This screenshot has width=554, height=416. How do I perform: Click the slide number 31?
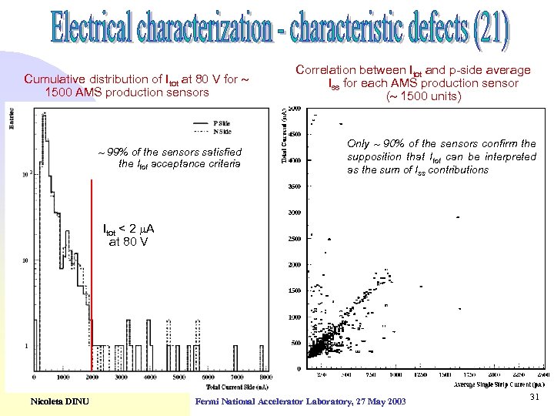click(x=536, y=397)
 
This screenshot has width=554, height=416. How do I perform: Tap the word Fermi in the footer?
click(x=210, y=402)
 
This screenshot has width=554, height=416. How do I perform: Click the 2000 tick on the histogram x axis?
click(x=92, y=377)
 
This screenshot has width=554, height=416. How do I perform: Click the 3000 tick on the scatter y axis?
click(x=294, y=213)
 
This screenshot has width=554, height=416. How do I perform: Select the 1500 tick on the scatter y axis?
click(x=294, y=291)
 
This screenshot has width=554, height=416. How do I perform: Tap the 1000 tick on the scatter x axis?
click(x=394, y=374)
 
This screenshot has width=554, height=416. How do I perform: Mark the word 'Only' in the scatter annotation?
click(x=359, y=143)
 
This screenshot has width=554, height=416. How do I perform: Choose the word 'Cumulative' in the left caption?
click(x=55, y=79)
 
